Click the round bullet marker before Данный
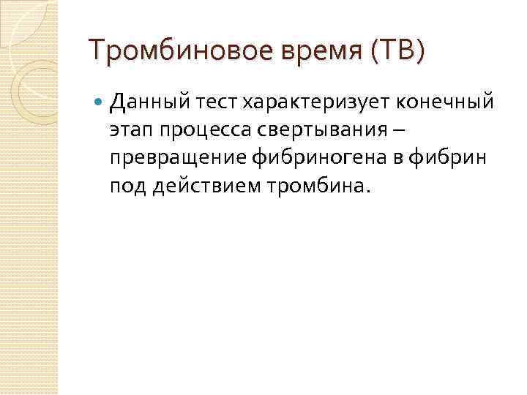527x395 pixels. pyautogui.click(x=99, y=102)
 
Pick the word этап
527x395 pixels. pyautogui.click(x=130, y=129)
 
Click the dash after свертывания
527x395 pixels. pyautogui.click(x=395, y=129)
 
